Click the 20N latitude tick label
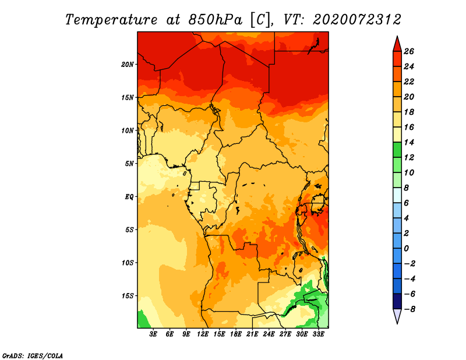(127, 64)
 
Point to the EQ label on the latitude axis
(129, 196)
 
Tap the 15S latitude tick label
(127, 296)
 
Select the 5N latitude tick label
(129, 164)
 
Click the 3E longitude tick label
(153, 334)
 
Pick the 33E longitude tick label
(318, 334)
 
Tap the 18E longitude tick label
(236, 334)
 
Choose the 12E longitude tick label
(203, 334)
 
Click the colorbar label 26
(409, 51)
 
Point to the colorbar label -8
(409, 309)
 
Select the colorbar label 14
(409, 142)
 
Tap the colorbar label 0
(406, 249)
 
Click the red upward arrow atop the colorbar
(397, 44)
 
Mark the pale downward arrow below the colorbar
(397, 316)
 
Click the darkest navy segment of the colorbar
(397, 301)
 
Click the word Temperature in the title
(111, 20)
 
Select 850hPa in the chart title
(215, 20)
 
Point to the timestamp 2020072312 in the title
(357, 20)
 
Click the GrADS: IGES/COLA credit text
(33, 356)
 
